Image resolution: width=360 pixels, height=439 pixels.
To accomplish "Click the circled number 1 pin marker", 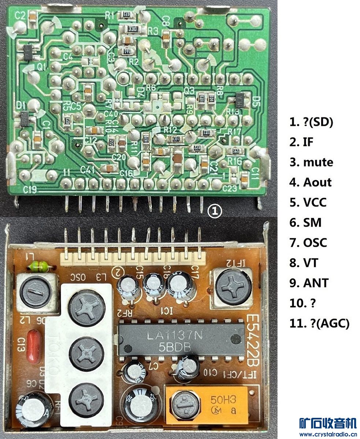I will pyautogui.click(x=215, y=211).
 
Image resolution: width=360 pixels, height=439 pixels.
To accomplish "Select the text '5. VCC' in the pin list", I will pyautogui.click(x=308, y=202).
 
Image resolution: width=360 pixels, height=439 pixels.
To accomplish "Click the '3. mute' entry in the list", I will pyautogui.click(x=311, y=162).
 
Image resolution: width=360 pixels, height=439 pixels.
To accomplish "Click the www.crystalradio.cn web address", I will pyautogui.click(x=327, y=434).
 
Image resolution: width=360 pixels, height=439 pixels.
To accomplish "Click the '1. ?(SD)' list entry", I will pyautogui.click(x=311, y=122).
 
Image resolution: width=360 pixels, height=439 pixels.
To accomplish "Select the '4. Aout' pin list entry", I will pyautogui.click(x=310, y=182).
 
